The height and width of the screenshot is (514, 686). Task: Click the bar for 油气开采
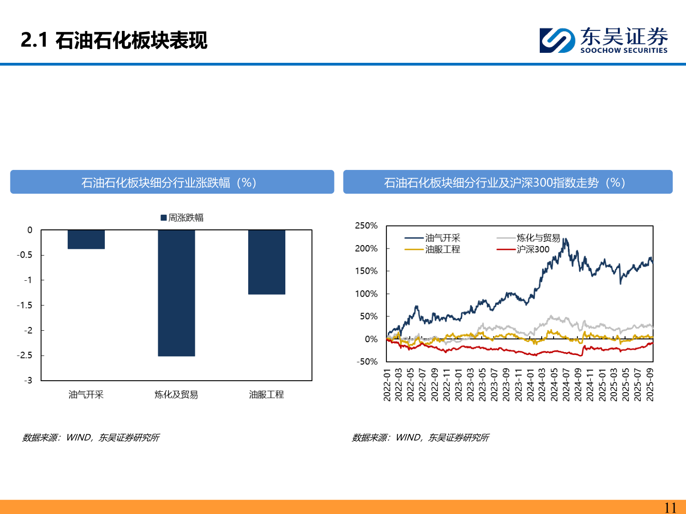(86, 239)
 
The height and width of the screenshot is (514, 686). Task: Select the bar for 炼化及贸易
(176, 293)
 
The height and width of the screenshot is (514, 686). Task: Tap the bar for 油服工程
(266, 262)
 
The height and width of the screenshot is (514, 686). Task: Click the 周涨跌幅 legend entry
(182, 217)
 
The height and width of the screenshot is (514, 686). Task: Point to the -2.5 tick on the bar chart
(25, 355)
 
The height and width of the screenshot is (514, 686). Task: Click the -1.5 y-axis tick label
(25, 305)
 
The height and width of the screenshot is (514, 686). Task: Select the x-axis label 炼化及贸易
(176, 395)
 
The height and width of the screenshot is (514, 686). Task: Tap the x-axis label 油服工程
(266, 395)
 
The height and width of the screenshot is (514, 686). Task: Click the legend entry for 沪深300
(533, 249)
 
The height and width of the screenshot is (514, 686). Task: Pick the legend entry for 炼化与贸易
(538, 238)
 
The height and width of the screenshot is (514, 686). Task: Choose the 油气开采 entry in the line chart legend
(442, 238)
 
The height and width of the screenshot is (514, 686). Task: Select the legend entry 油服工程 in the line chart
(442, 249)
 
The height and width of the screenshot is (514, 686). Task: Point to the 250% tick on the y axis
(366, 226)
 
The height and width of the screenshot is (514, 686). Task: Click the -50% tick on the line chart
(367, 362)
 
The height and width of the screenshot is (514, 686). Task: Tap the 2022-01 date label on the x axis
(387, 385)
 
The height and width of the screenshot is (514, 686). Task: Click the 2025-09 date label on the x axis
(650, 385)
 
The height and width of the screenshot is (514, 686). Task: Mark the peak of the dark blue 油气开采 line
(565, 239)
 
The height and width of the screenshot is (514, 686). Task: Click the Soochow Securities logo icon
(557, 40)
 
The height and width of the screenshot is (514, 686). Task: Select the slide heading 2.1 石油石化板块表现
(114, 40)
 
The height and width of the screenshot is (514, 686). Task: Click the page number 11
(670, 507)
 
